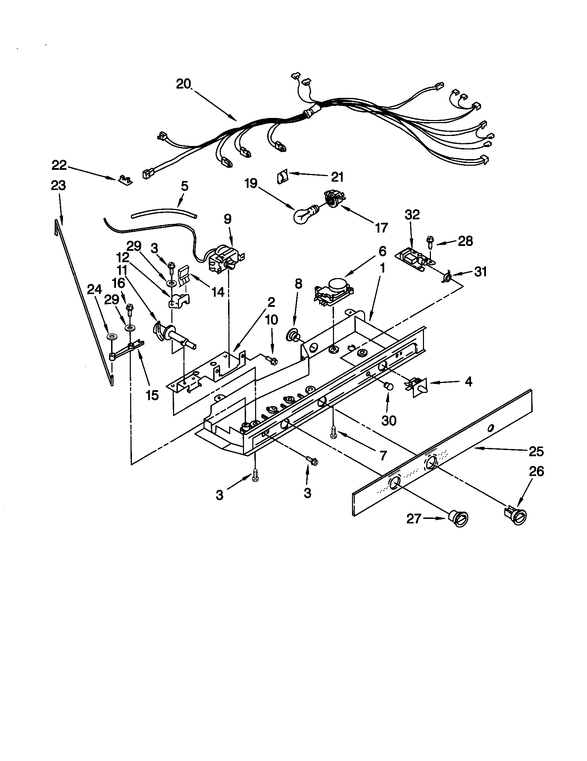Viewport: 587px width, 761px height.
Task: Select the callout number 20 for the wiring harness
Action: [184, 84]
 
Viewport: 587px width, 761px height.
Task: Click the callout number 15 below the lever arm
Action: [152, 395]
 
